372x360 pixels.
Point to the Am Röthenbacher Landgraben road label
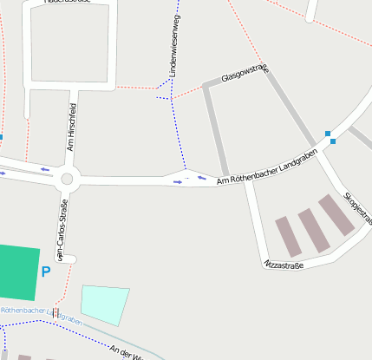click(x=267, y=167)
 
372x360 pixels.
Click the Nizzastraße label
click(x=284, y=263)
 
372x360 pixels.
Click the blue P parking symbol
click(x=46, y=272)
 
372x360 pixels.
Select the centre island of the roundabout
click(x=68, y=179)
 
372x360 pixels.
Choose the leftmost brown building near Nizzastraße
click(x=289, y=236)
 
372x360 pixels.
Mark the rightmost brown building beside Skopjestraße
click(x=336, y=214)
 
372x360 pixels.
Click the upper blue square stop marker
click(x=328, y=133)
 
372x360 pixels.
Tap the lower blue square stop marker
click(x=332, y=141)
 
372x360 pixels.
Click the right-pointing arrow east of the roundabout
click(x=178, y=182)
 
